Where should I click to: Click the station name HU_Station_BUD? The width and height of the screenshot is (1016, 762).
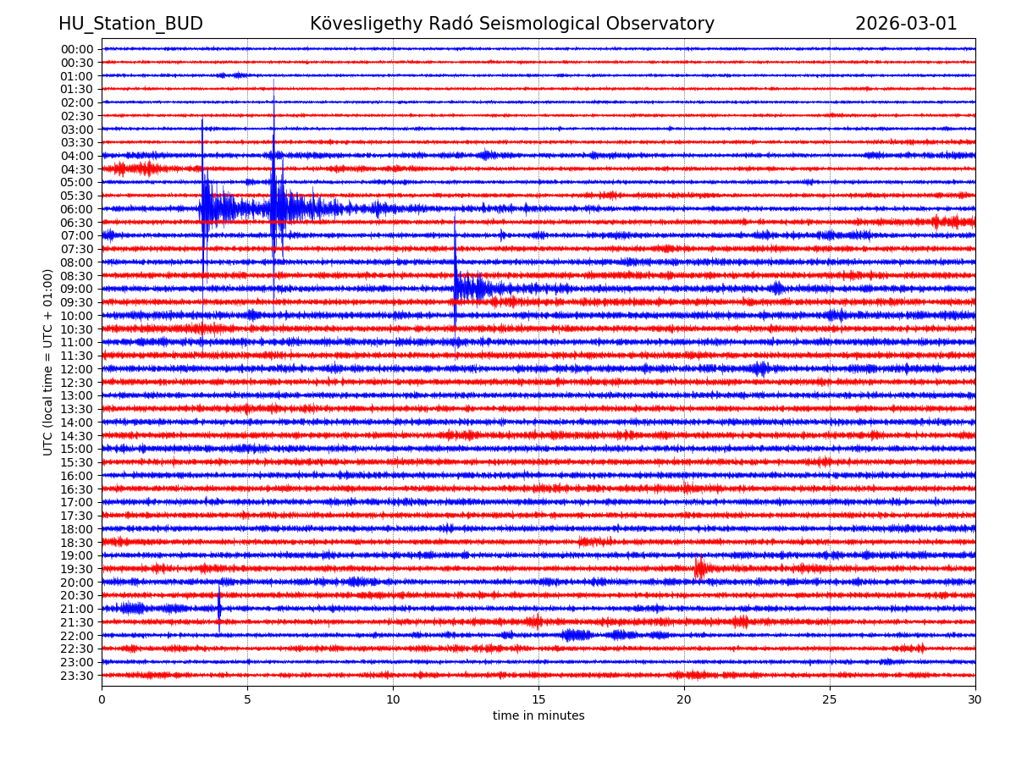[x=130, y=24]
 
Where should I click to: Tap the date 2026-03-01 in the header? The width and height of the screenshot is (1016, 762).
[x=906, y=24]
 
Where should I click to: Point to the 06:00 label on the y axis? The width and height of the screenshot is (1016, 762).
[x=77, y=209]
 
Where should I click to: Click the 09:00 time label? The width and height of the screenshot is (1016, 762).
[x=77, y=289]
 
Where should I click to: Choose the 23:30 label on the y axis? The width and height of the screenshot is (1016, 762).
[x=77, y=676]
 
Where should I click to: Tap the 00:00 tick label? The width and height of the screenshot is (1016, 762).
[x=77, y=49]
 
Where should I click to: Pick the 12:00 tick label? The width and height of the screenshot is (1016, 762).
[x=77, y=369]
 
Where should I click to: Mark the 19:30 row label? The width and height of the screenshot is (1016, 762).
[x=77, y=569]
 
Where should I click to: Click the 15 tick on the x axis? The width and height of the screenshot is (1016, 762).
[x=538, y=700]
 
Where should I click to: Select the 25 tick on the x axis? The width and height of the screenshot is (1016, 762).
[x=830, y=700]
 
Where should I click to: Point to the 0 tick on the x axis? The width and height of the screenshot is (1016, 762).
[x=102, y=700]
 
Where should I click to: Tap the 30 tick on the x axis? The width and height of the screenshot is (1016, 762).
[x=975, y=700]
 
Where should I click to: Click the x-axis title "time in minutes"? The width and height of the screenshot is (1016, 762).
[x=538, y=715]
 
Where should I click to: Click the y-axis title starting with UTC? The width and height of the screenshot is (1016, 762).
[x=49, y=362]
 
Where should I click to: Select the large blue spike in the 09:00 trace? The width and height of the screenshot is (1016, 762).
[x=456, y=271]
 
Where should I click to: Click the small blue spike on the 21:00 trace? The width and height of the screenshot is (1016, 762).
[x=219, y=605]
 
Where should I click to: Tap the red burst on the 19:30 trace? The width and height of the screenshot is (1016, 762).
[x=699, y=568]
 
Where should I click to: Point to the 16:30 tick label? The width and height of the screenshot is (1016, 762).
[x=77, y=489]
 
